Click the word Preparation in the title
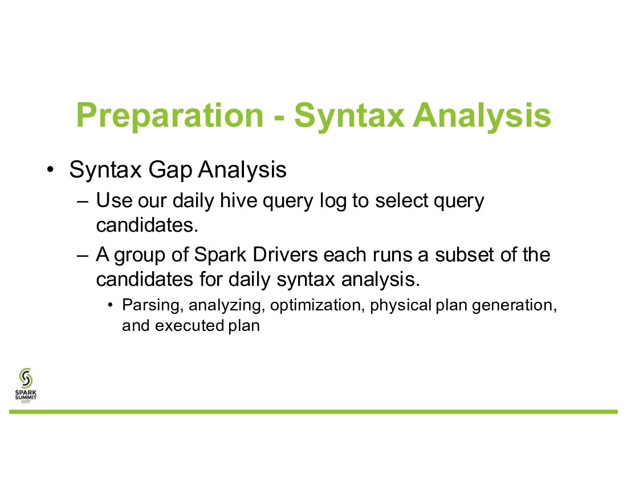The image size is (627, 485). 170,116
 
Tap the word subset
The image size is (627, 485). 465,254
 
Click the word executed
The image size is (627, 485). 190,326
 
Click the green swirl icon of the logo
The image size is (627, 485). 26,378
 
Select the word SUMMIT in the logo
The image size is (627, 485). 26,397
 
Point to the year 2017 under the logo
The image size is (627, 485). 26,402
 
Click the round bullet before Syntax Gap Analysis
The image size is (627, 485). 50,169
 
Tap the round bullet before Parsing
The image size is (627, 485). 111,306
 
